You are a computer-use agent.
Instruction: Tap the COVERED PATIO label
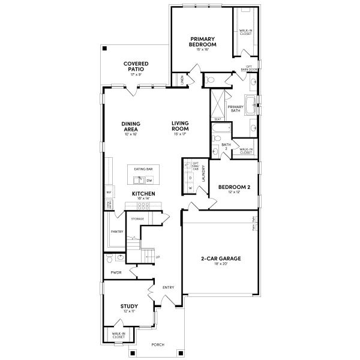click(136, 66)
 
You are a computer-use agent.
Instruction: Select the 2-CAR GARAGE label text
click(220, 259)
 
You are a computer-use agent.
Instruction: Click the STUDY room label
click(129, 305)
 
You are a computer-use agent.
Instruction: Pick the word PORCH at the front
click(158, 344)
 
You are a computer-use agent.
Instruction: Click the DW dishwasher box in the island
click(149, 180)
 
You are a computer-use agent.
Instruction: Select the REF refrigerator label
click(109, 192)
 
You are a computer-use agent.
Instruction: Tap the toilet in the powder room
click(110, 259)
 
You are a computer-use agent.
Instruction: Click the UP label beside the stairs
click(158, 257)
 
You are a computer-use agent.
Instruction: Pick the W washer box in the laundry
click(191, 188)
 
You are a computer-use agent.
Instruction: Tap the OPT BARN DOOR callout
click(250, 68)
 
